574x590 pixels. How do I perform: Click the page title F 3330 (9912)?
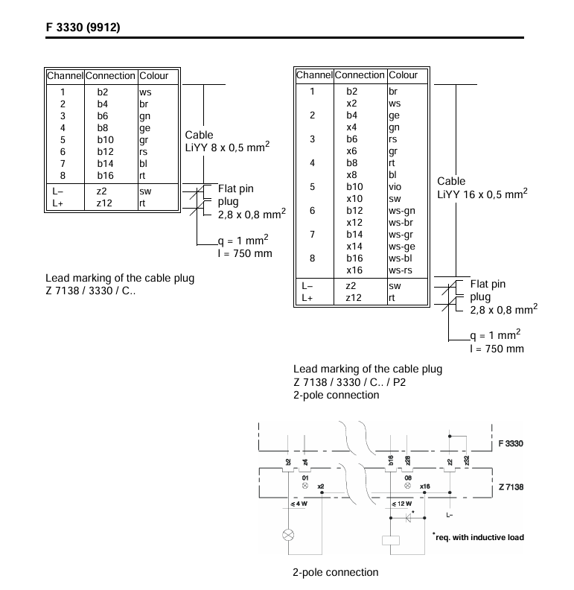point(83,27)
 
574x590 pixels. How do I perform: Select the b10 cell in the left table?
point(105,140)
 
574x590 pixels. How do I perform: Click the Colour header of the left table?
point(154,76)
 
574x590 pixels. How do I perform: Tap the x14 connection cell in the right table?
point(354,247)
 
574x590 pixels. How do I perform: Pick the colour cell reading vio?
point(395,187)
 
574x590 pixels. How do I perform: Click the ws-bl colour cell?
point(401,258)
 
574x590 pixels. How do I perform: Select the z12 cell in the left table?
point(104,203)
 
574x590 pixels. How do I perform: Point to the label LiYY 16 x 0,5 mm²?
point(482,194)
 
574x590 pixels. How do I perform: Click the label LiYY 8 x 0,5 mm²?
point(227,147)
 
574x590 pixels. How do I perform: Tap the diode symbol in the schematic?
point(409,518)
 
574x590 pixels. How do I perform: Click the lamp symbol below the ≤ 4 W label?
point(288,535)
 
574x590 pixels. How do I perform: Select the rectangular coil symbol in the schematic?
point(390,540)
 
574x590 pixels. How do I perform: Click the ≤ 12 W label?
point(402,504)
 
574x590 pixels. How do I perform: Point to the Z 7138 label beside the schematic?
point(511,487)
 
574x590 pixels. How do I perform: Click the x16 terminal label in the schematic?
point(425,486)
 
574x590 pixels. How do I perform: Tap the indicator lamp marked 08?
point(408,486)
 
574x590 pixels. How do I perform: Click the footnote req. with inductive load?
point(479,537)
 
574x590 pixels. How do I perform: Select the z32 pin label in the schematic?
point(467,460)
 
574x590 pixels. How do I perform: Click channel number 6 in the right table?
point(312,211)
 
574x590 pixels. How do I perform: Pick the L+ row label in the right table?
point(307,298)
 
